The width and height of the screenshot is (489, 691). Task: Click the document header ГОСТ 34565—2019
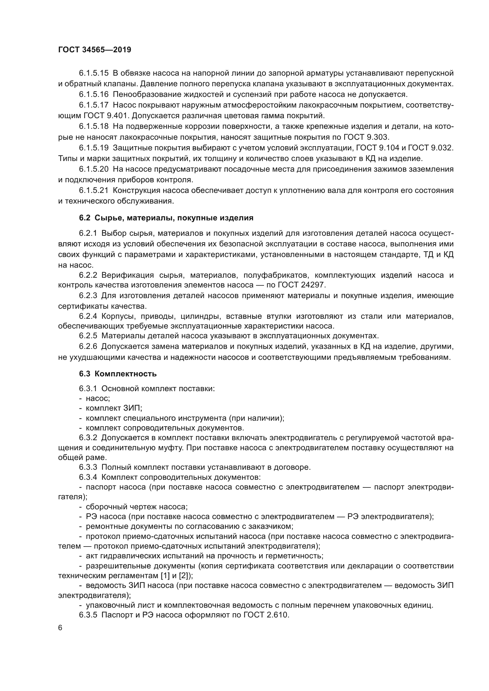tap(95, 50)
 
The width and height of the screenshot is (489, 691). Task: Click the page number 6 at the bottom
tap(60, 628)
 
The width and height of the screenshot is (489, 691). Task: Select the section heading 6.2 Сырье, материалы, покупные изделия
tap(166, 218)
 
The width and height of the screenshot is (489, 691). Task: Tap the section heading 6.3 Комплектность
tap(118, 374)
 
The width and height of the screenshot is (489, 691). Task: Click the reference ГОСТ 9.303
tap(366, 137)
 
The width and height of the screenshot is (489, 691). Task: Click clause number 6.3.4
tap(88, 477)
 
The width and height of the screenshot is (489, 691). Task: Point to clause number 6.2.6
tap(88, 347)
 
